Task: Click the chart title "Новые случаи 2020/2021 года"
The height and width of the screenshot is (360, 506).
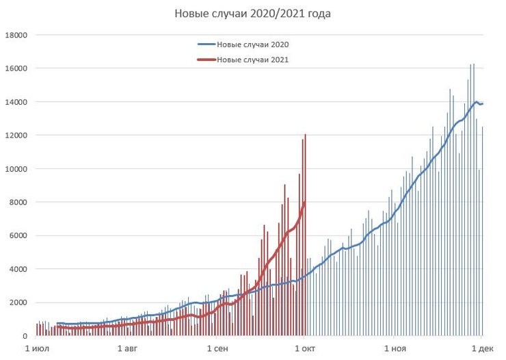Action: coord(253,14)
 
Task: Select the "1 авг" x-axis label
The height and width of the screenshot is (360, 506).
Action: coord(126,348)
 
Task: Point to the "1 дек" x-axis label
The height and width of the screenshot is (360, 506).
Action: coord(481,348)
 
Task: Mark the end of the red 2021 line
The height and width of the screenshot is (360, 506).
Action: coord(304,203)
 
